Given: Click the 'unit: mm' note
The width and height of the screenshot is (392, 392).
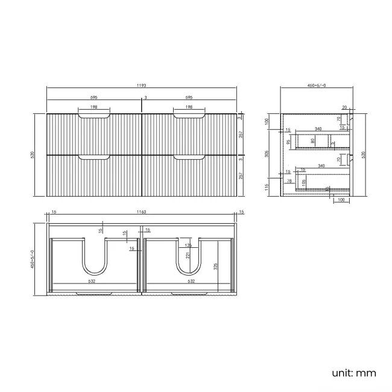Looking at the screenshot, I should click(x=353, y=373).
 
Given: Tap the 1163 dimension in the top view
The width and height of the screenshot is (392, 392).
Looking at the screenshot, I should click(x=142, y=212).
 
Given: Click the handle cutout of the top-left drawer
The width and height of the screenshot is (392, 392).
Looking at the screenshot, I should click(x=94, y=115).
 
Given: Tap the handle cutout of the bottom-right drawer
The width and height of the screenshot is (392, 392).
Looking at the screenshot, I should click(x=189, y=157).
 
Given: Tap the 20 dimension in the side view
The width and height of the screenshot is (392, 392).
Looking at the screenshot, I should click(x=344, y=107).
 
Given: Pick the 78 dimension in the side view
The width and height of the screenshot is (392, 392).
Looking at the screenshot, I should click(x=289, y=181).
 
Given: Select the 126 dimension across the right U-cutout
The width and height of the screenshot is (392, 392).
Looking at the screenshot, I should click(x=188, y=245).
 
